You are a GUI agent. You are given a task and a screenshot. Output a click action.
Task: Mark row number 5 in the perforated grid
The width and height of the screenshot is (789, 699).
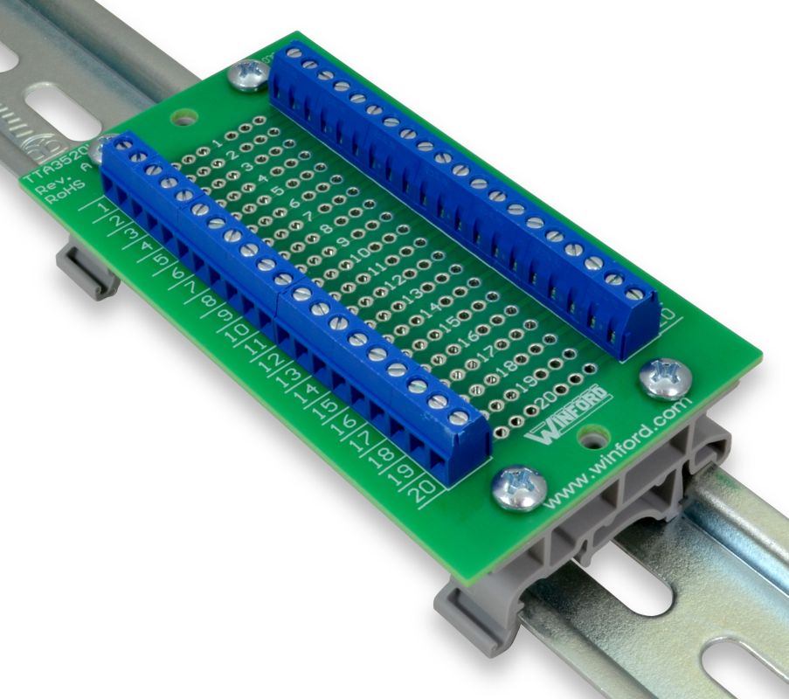coord(278,189)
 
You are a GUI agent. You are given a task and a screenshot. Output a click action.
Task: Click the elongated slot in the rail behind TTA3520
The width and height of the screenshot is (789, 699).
coord(58,113)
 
